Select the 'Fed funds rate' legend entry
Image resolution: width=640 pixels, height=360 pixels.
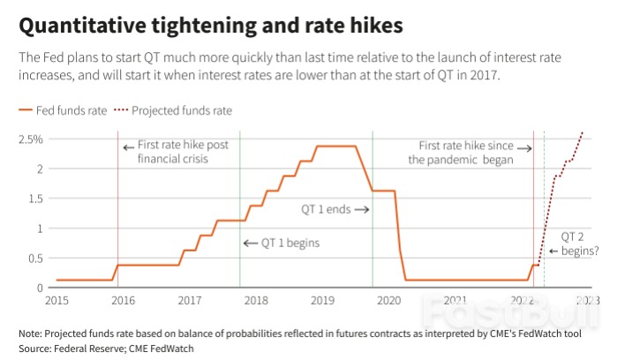coord(62,111)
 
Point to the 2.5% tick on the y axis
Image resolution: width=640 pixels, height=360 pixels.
coord(32,139)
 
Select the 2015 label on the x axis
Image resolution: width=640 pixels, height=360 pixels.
coord(56,301)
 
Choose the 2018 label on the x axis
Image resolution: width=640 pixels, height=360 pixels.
coord(256,301)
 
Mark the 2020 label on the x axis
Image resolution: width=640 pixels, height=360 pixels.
coord(389,301)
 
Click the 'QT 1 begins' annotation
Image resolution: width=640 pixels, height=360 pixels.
coord(282,243)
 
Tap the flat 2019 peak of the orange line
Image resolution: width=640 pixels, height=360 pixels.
coord(335,146)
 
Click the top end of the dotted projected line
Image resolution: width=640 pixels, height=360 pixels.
coord(583,132)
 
